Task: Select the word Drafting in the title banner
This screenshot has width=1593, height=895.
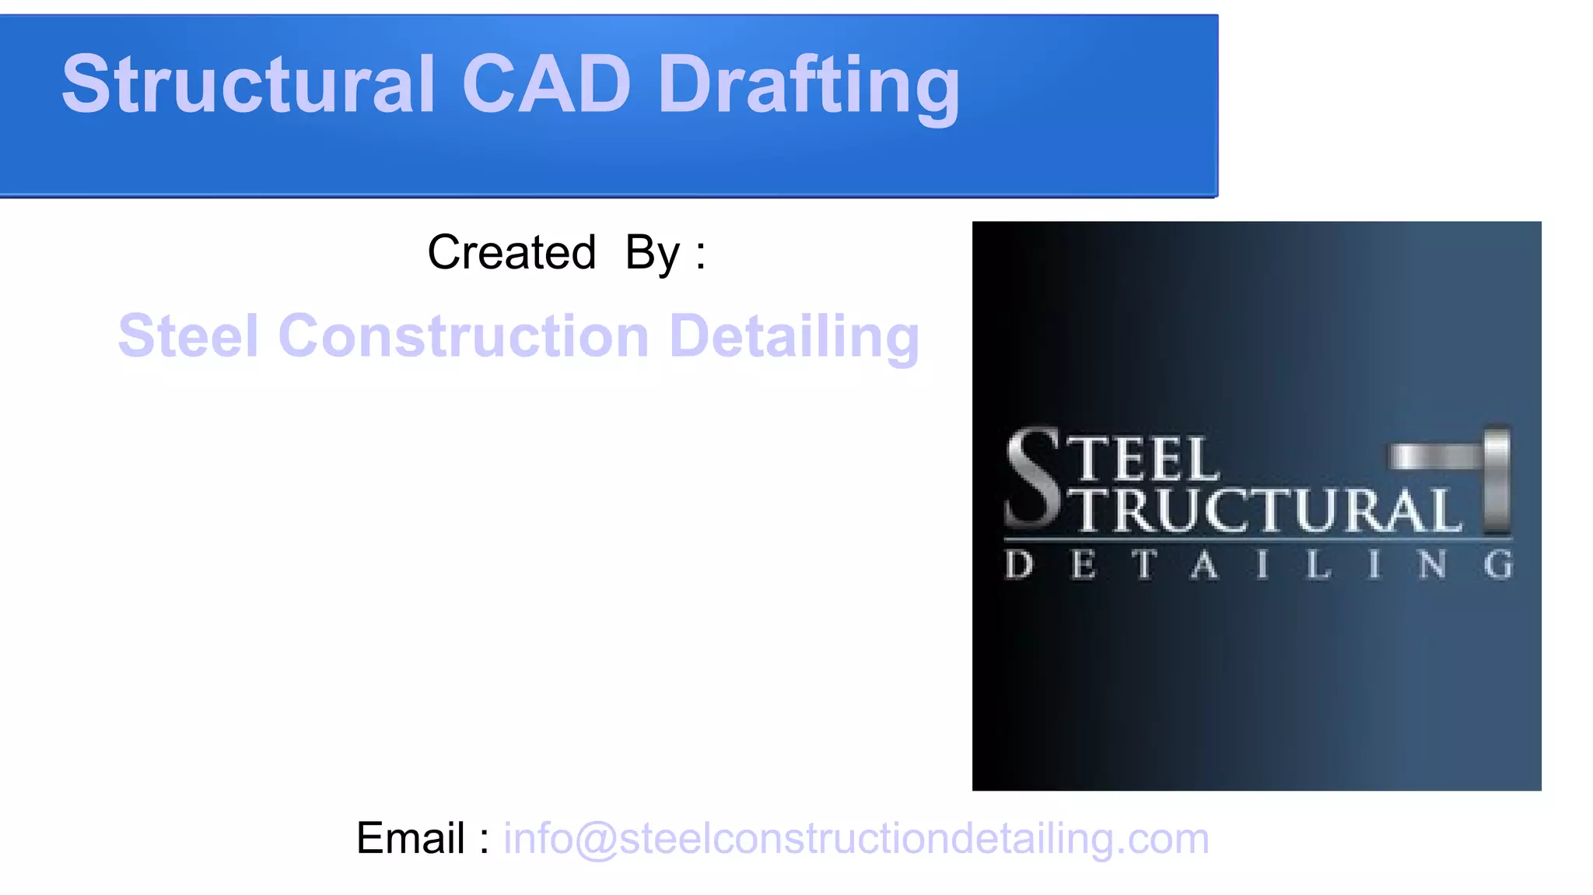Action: (809, 86)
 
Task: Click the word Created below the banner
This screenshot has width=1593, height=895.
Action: (512, 252)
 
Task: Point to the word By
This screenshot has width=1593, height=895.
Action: (653, 254)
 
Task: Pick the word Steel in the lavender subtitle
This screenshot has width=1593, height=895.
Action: (188, 336)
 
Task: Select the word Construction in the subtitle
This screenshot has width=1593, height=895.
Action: (464, 336)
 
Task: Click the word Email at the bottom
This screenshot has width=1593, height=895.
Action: (411, 838)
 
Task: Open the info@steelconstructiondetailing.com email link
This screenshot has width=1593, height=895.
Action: (856, 839)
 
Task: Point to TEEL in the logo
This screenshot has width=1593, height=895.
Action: (1148, 459)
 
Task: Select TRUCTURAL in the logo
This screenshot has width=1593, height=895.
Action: (1269, 510)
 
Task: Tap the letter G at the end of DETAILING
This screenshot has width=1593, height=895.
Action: (1498, 565)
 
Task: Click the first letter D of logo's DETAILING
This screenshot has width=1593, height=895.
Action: (1019, 565)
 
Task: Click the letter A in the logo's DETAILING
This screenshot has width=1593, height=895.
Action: (1204, 565)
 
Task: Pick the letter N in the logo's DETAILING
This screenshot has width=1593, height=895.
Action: (1432, 565)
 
